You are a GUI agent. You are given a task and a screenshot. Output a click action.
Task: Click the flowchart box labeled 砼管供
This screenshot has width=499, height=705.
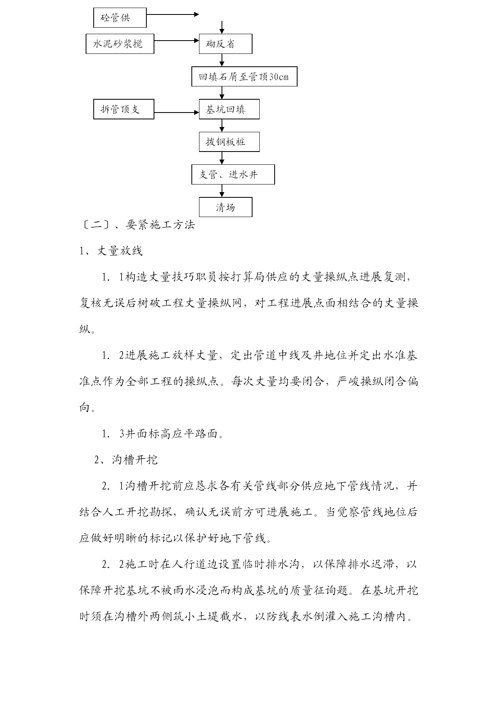[x=120, y=18]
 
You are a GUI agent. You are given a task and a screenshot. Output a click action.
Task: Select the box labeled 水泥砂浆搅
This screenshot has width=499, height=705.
[x=120, y=44]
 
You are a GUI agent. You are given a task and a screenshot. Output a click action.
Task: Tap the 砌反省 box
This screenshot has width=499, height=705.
[x=226, y=44]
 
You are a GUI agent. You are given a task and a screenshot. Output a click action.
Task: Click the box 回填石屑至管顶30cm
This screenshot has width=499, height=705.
[x=244, y=76]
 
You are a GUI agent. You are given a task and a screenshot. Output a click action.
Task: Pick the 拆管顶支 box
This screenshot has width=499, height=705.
[x=124, y=109]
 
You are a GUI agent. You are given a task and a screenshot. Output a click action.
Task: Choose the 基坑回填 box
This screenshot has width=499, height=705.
[x=229, y=109]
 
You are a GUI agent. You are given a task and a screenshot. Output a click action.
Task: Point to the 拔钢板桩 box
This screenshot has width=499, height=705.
[x=229, y=142]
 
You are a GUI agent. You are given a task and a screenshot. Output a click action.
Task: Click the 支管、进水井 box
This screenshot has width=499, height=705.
[x=233, y=174]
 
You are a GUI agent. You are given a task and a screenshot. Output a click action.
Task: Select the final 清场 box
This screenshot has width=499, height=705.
[x=226, y=207]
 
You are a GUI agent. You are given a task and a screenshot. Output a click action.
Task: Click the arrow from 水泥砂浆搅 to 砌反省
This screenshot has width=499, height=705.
[x=177, y=40]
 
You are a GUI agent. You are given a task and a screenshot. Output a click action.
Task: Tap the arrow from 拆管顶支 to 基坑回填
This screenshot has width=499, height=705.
[x=177, y=113]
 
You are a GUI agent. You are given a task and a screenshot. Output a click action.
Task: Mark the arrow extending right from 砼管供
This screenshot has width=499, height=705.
[x=172, y=14]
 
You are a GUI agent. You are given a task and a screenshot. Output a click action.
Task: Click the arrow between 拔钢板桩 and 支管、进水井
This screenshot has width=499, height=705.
[x=222, y=158]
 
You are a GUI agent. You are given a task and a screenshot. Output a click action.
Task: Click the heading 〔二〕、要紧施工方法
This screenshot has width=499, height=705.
[x=138, y=225]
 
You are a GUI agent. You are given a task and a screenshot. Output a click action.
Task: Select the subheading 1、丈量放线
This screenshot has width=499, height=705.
[x=111, y=251]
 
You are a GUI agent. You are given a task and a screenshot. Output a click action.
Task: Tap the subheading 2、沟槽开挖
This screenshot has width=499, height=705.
[x=126, y=460]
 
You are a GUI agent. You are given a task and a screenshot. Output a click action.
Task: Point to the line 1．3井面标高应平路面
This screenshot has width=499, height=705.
[x=163, y=434]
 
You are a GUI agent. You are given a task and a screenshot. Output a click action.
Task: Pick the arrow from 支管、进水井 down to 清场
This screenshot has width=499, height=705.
[x=222, y=191]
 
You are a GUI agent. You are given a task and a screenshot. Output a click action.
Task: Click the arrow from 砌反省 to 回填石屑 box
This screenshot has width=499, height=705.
[x=222, y=60]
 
